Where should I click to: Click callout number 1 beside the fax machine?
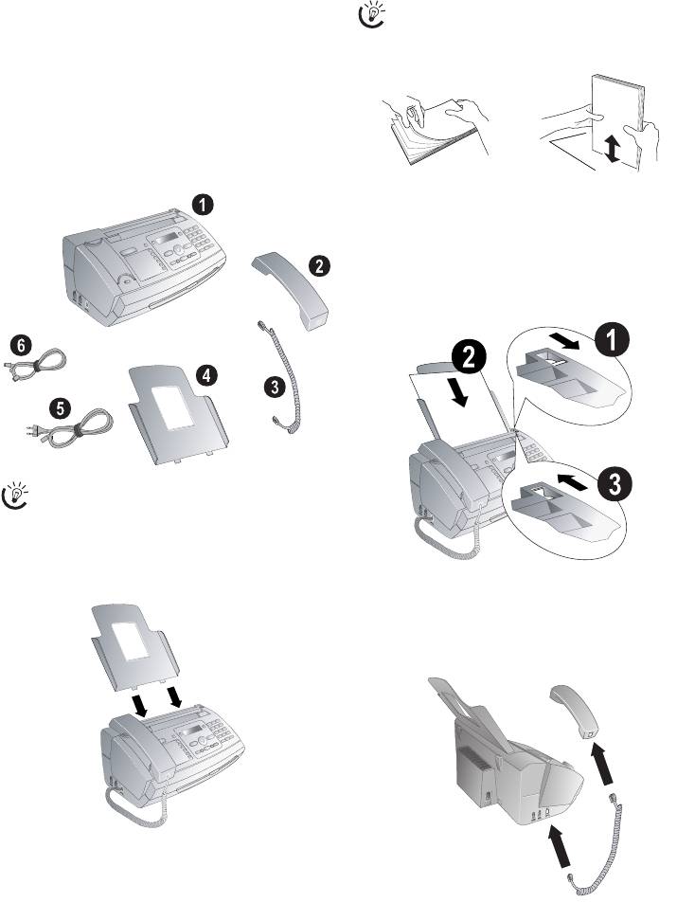pyautogui.click(x=202, y=205)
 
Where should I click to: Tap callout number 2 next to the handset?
pyautogui.click(x=319, y=266)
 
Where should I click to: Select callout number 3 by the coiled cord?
pyautogui.click(x=276, y=387)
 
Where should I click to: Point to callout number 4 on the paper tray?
pyautogui.click(x=207, y=375)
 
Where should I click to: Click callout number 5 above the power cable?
pyautogui.click(x=61, y=408)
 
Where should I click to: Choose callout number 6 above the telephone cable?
pyautogui.click(x=21, y=345)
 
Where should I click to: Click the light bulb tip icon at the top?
pyautogui.click(x=372, y=14)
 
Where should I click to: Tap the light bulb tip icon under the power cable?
pyautogui.click(x=16, y=495)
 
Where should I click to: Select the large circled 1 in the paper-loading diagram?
pyautogui.click(x=612, y=340)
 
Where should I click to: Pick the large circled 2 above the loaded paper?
pyautogui.click(x=469, y=359)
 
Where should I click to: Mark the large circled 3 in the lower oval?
pyautogui.click(x=615, y=485)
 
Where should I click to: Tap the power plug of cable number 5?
pyautogui.click(x=33, y=430)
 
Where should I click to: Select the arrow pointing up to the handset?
pyautogui.click(x=603, y=765)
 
